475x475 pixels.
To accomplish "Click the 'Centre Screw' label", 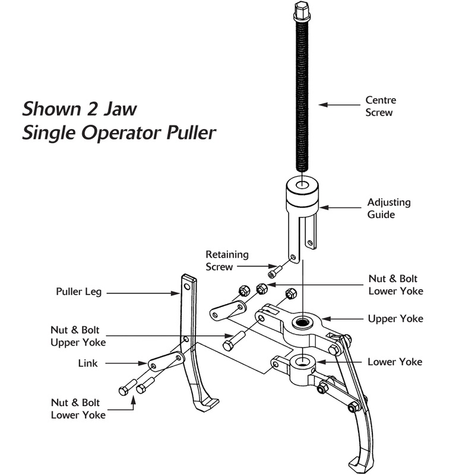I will point(380,106).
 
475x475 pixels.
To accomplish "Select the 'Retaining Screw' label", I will point(227,261).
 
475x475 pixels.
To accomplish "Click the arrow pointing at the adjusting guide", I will point(343,208).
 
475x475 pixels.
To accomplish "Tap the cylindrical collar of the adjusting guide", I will point(303,192).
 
